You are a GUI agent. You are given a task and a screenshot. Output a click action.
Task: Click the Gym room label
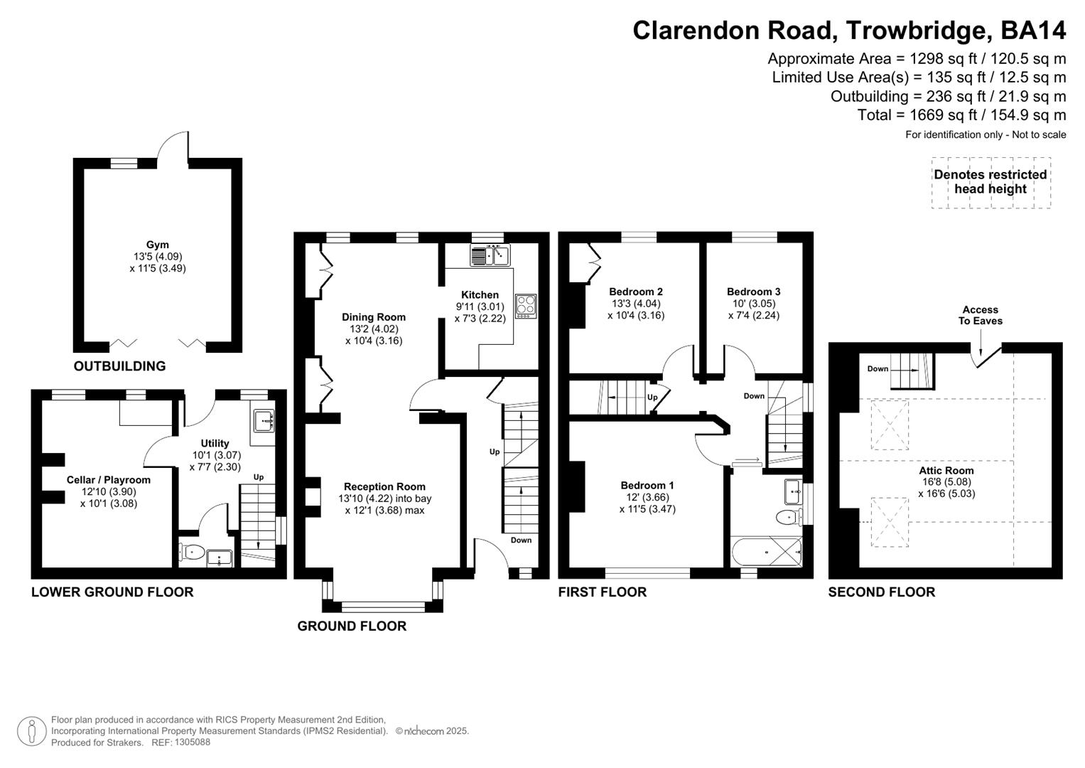[x=158, y=245]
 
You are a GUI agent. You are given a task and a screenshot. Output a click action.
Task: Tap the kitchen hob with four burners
[x=526, y=306]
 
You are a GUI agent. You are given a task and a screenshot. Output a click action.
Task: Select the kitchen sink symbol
[x=490, y=255]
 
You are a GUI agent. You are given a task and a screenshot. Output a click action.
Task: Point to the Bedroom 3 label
[x=754, y=292]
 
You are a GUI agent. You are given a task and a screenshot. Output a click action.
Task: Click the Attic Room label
[x=946, y=470]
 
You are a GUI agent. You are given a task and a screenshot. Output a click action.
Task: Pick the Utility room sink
[x=263, y=420]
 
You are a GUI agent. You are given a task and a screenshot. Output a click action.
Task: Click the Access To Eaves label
[x=981, y=315]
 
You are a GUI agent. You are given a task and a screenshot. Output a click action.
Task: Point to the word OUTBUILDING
[x=119, y=366]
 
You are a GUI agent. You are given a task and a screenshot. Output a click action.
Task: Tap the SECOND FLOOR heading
[x=882, y=592]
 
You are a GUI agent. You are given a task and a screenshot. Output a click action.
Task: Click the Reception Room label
[x=384, y=486]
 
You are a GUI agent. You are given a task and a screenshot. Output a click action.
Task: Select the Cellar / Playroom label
[x=109, y=479]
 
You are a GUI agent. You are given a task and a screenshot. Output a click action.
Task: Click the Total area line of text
[x=961, y=115]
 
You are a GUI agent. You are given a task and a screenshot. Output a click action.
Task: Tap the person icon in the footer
[x=32, y=731]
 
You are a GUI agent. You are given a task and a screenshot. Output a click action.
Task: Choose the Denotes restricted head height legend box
[x=991, y=183]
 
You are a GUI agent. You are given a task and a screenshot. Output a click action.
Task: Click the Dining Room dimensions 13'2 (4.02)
[x=374, y=329]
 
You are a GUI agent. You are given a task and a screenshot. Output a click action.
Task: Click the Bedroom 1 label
[x=647, y=485]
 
